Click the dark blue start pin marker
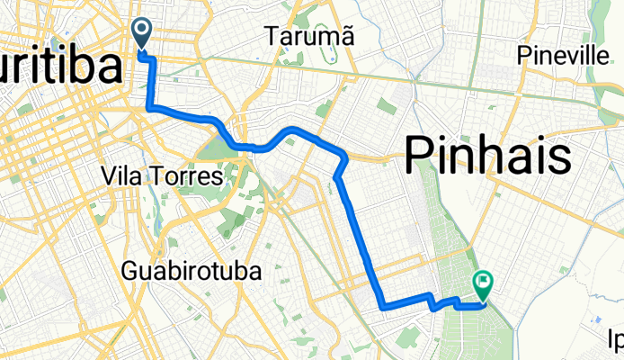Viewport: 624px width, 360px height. coord(143,33)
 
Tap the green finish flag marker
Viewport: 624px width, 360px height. coord(484,287)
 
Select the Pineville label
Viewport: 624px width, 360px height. coord(564,56)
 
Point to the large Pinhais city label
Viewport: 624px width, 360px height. coord(487,157)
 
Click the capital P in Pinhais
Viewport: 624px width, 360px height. coord(420,157)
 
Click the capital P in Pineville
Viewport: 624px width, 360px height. coord(524,56)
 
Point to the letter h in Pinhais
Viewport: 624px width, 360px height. coord(484,157)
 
